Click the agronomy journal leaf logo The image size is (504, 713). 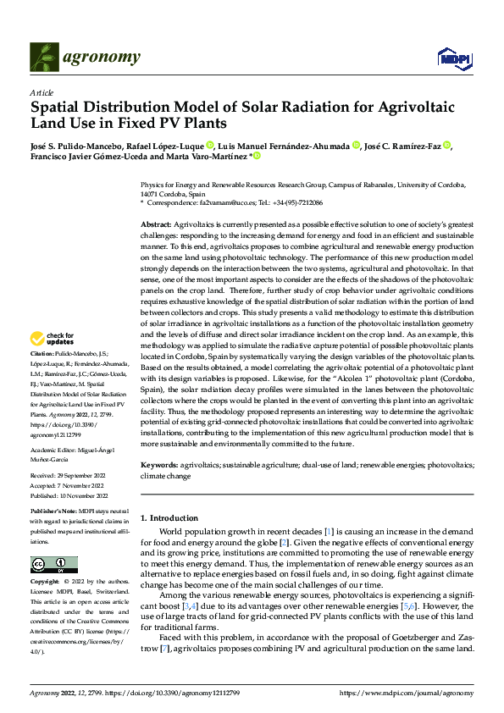click(x=46, y=56)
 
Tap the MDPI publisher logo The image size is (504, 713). click(x=453, y=58)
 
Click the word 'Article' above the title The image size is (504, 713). click(x=42, y=92)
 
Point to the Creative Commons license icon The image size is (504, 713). click(x=53, y=564)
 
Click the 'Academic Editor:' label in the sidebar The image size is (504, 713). click(x=56, y=451)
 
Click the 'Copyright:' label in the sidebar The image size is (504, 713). click(x=45, y=583)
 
